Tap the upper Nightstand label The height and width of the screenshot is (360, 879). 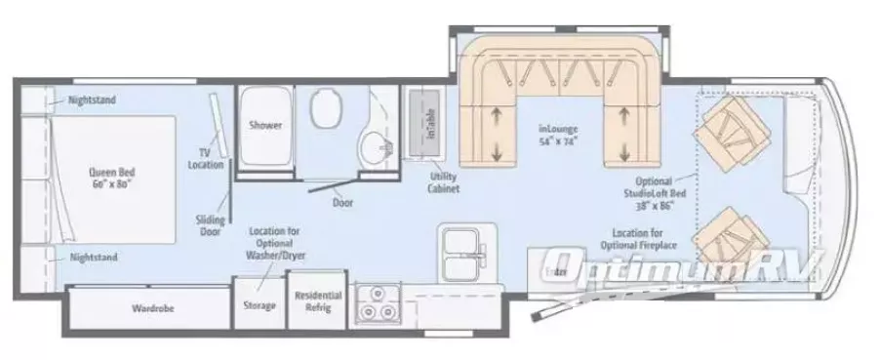93,100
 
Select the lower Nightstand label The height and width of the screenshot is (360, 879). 93,257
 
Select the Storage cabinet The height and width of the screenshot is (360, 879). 259,304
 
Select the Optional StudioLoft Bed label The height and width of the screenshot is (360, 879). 661,193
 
